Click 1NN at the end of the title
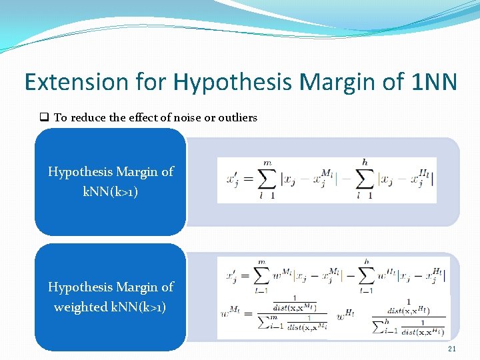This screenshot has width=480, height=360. [434, 82]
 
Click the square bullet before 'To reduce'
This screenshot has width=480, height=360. [44, 117]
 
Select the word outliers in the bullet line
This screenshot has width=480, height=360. [237, 117]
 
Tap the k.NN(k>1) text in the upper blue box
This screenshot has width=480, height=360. [111, 191]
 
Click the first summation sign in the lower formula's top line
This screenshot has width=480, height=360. [262, 275]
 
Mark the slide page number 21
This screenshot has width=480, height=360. [453, 349]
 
